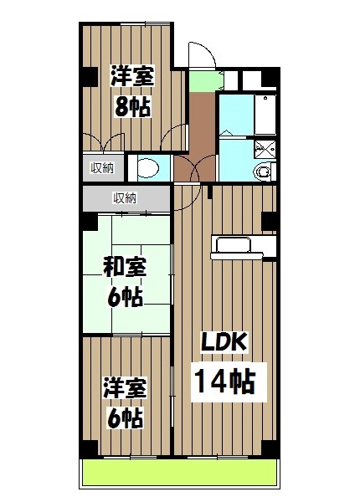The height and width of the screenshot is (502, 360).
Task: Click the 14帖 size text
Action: (224, 382)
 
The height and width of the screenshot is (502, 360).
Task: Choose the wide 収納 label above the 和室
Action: (125, 198)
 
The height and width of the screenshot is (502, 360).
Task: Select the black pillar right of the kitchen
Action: (268, 222)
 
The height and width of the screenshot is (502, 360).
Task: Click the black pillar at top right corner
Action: (268, 80)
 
